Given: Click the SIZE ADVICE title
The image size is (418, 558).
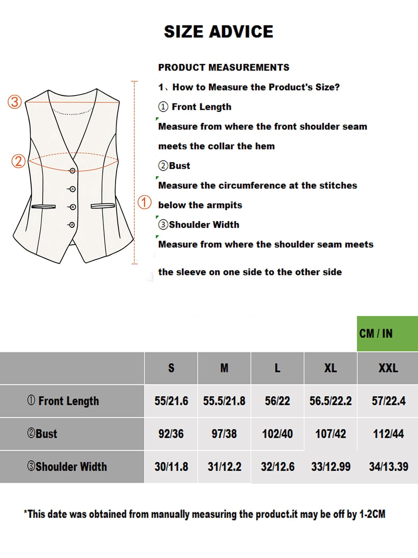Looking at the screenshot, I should point(218,32).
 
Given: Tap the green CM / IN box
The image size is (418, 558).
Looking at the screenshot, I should point(387,334).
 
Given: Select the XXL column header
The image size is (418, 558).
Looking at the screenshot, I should point(388,368).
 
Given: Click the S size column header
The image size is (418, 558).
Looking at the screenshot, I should point(171,368).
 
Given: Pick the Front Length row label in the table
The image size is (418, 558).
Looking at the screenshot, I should point(63,401).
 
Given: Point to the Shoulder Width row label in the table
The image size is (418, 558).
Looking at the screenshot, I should point(67,467).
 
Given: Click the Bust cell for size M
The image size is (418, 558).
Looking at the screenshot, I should point(224,434).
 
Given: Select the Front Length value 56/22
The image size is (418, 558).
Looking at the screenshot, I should point(277,401).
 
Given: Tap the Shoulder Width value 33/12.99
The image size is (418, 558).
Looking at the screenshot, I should point(331,467).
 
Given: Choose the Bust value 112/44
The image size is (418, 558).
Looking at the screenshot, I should point(388,434).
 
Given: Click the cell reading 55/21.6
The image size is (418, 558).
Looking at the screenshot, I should point(171,401).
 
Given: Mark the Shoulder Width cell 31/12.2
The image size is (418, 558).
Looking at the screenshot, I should point(224,467).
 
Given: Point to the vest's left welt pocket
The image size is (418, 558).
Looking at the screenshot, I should point(43,206).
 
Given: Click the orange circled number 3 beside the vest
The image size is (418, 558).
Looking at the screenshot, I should point(15,102).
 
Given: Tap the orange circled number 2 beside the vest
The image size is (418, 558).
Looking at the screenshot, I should point(18,161).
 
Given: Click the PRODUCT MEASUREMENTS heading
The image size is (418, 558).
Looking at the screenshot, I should point(224,67).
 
